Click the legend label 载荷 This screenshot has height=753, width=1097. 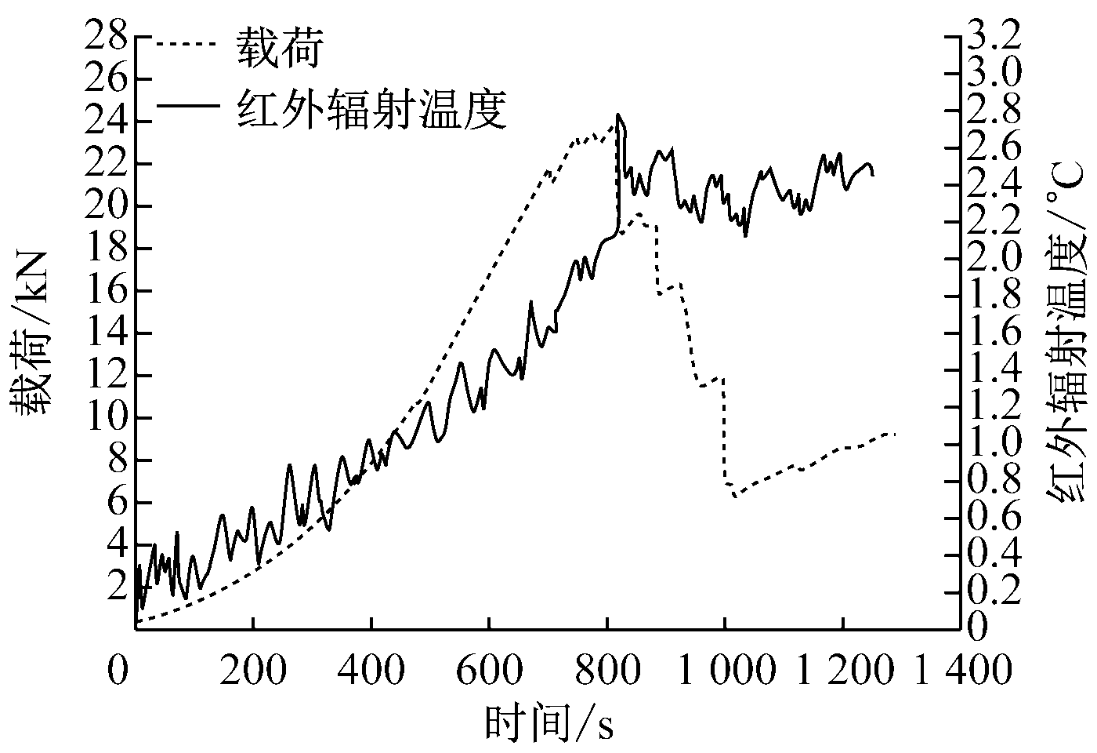(x=280, y=51)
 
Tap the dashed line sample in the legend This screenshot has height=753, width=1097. (x=186, y=45)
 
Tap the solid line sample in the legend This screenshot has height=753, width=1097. (x=186, y=105)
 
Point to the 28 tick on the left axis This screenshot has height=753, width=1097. (x=107, y=38)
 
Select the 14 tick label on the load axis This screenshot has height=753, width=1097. (x=107, y=333)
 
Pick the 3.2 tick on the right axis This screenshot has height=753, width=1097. (x=995, y=38)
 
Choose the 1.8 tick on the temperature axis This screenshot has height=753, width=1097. (x=995, y=296)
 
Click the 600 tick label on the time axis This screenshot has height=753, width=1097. (x=488, y=671)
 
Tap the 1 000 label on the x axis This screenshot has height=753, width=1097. (x=724, y=671)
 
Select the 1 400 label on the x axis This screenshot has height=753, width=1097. (x=961, y=671)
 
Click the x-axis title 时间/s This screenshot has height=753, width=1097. (x=548, y=722)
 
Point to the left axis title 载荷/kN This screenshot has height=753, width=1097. (x=31, y=333)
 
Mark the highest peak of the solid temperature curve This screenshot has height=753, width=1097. (x=619, y=115)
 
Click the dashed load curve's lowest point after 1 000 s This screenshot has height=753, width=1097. (x=735, y=497)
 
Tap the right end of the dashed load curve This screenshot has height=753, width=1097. (x=894, y=434)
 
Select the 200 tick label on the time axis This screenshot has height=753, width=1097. (x=252, y=671)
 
